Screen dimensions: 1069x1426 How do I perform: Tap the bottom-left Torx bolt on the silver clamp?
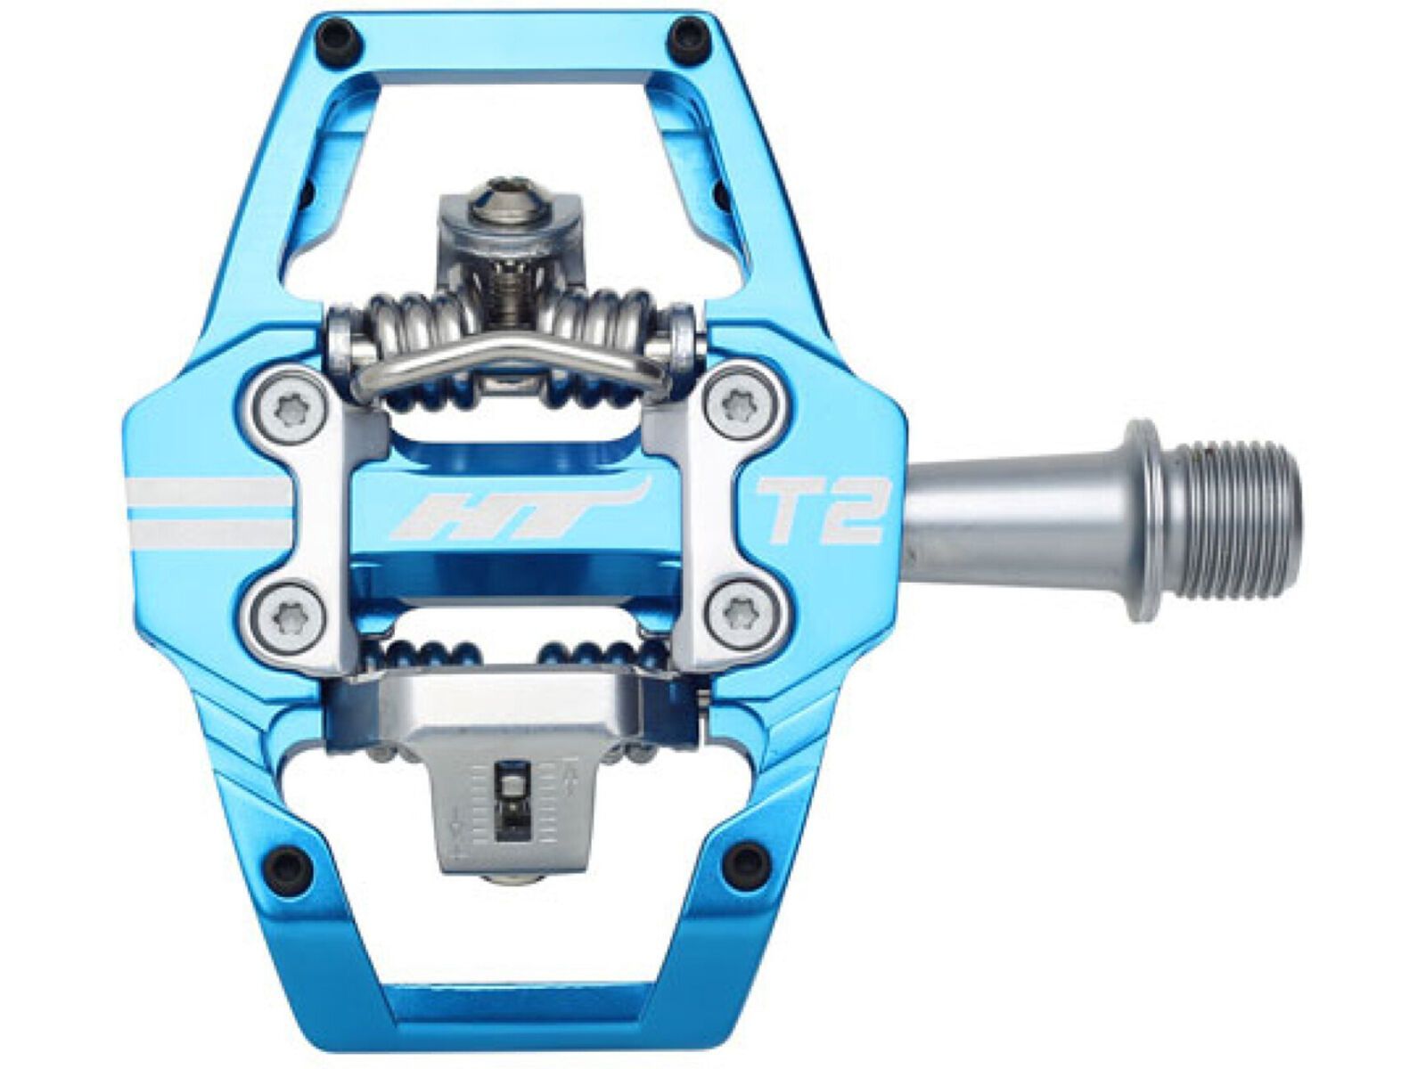tap(283, 608)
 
